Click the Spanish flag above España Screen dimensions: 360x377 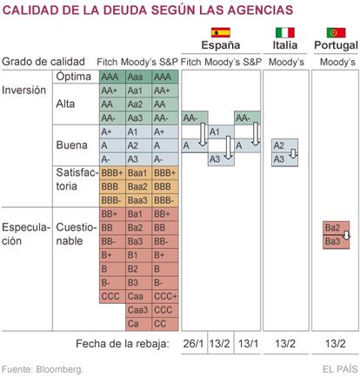pyautogui.click(x=221, y=32)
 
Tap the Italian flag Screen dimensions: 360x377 pyautogui.click(x=285, y=32)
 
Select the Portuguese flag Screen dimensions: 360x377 pyautogui.click(x=336, y=32)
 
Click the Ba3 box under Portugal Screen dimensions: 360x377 pyautogui.click(x=336, y=242)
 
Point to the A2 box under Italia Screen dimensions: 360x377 pyautogui.click(x=284, y=145)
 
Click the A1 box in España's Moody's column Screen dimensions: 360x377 pyautogui.click(x=221, y=132)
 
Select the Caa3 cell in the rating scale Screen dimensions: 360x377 pyautogui.click(x=138, y=310)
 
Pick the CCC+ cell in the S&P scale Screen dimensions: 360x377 pyautogui.click(x=165, y=297)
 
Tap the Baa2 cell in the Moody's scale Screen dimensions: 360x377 pyautogui.click(x=138, y=187)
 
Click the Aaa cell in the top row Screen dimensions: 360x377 pyautogui.click(x=138, y=77)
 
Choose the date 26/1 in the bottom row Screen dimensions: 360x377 pyautogui.click(x=194, y=344)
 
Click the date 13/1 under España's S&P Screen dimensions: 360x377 pyautogui.click(x=248, y=344)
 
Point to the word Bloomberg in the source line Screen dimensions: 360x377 pyautogui.click(x=59, y=369)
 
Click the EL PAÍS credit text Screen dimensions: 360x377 pyautogui.click(x=340, y=369)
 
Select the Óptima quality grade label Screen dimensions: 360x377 pyautogui.click(x=74, y=77)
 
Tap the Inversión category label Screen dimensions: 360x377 pyautogui.click(x=23, y=91)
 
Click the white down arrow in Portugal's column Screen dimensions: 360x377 pyautogui.click(x=346, y=235)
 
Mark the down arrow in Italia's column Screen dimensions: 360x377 pyautogui.click(x=293, y=153)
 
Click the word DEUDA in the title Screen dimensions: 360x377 pyautogui.click(x=125, y=10)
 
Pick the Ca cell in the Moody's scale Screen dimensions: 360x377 pyautogui.click(x=138, y=324)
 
